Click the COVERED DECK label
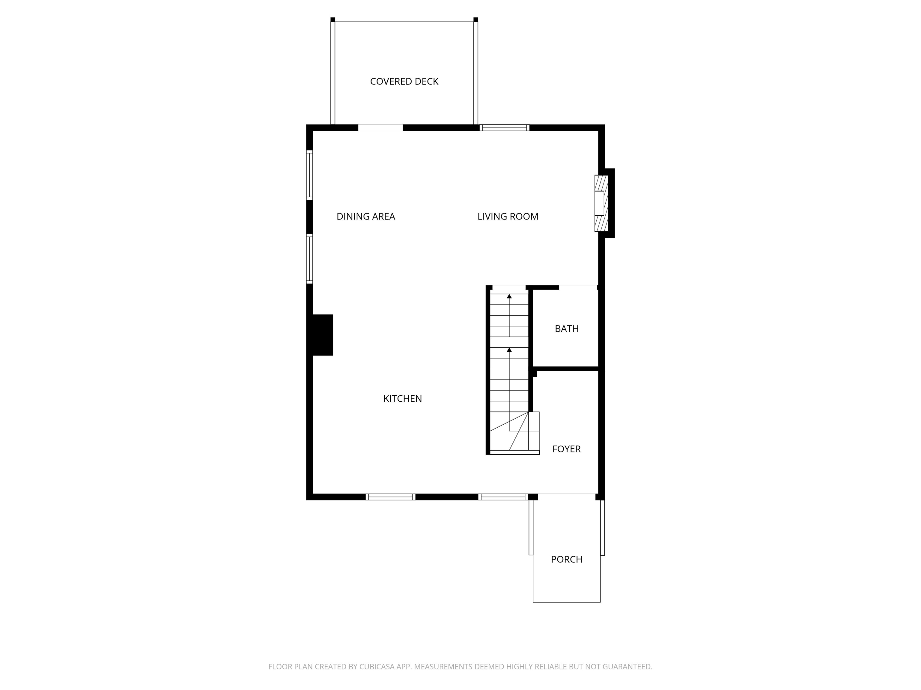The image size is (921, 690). click(x=404, y=81)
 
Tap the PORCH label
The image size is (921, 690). click(x=566, y=559)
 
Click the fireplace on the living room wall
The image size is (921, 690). click(x=601, y=203)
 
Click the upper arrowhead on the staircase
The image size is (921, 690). click(x=509, y=296)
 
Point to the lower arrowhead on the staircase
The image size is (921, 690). click(x=509, y=350)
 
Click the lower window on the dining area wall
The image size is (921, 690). click(x=309, y=259)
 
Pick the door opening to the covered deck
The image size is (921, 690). click(x=380, y=128)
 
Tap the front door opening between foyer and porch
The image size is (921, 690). click(x=566, y=496)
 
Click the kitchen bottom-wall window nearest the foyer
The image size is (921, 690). click(x=502, y=497)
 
